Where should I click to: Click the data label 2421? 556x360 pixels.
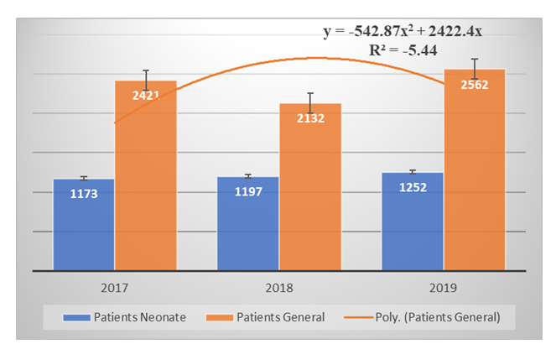(146, 95)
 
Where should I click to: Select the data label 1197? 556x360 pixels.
(248, 192)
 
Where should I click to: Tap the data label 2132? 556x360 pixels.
(309, 118)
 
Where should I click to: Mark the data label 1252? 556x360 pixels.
(413, 187)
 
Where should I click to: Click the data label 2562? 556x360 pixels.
(474, 83)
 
